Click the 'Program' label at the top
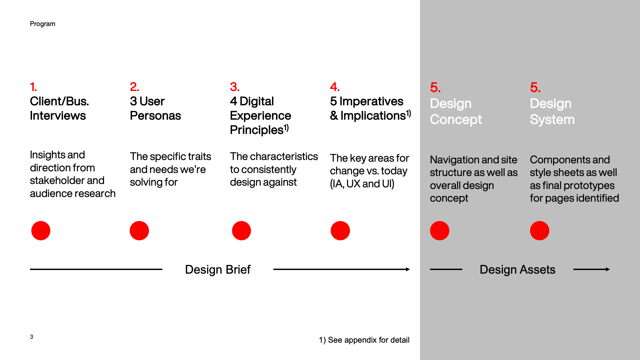click(x=42, y=24)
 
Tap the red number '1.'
click(x=33, y=87)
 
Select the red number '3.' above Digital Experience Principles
click(x=235, y=87)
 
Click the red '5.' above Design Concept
click(x=435, y=88)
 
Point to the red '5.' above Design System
click(x=535, y=88)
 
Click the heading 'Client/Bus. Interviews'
click(x=59, y=108)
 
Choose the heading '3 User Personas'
click(x=155, y=108)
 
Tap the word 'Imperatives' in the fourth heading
click(x=371, y=101)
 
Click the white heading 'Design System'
click(x=552, y=112)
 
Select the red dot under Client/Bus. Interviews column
click(x=41, y=231)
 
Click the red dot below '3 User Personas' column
click(x=139, y=231)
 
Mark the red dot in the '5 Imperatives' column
click(x=340, y=231)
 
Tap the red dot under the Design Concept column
click(x=440, y=231)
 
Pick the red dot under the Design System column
click(x=540, y=231)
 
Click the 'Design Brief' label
click(x=218, y=270)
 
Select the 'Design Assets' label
click(x=517, y=270)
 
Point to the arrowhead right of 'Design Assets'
click(x=608, y=269)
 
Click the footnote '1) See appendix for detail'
click(x=364, y=340)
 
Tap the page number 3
click(x=31, y=337)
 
